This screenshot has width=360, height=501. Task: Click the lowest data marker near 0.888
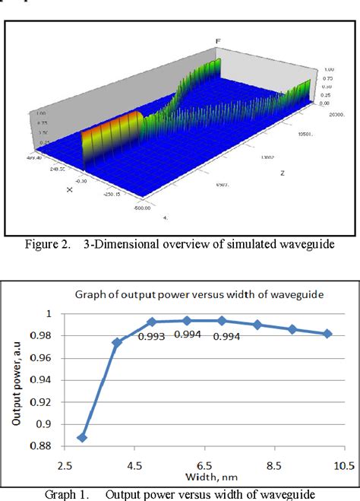pos(82,438)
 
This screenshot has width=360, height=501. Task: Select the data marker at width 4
pos(117,343)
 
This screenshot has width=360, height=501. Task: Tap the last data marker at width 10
pos(327,334)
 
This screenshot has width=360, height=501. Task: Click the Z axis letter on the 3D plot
pos(281,173)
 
